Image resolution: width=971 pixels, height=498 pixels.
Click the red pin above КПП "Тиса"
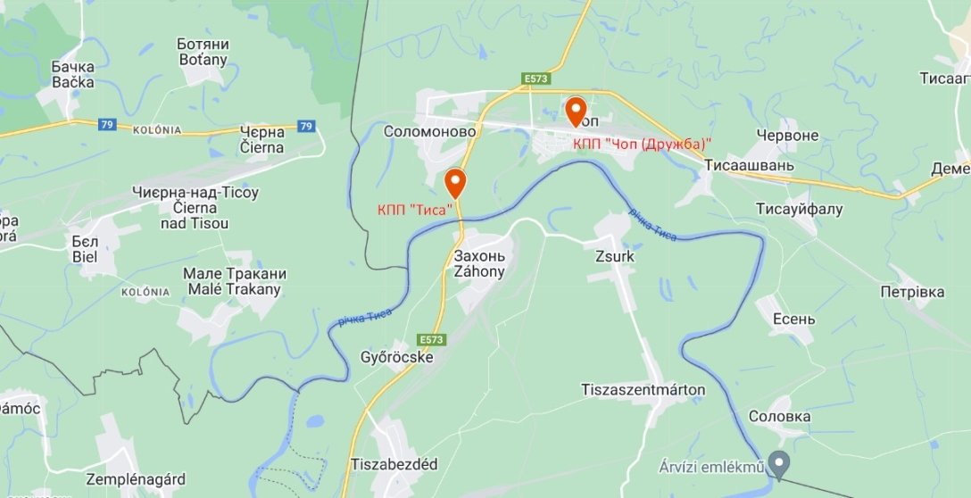(455, 183)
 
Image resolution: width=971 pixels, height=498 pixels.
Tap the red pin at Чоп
(576, 111)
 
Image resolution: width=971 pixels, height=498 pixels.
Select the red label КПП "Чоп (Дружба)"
(642, 143)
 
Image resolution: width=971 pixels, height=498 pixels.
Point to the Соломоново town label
(430, 131)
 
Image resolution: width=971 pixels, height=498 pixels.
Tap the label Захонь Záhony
(479, 263)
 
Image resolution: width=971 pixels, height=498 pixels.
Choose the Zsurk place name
(614, 255)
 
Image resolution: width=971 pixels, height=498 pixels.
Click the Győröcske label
(397, 357)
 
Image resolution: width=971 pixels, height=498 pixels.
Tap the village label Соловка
(779, 416)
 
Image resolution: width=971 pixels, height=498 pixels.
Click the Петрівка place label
(911, 292)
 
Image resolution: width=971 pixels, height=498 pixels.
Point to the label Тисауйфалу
(799, 209)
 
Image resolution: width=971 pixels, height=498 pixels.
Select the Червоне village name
(786, 135)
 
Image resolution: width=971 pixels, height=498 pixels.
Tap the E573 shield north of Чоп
(535, 79)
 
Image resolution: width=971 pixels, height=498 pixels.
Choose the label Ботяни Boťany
(203, 52)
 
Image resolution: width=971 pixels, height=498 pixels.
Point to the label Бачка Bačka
(72, 74)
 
